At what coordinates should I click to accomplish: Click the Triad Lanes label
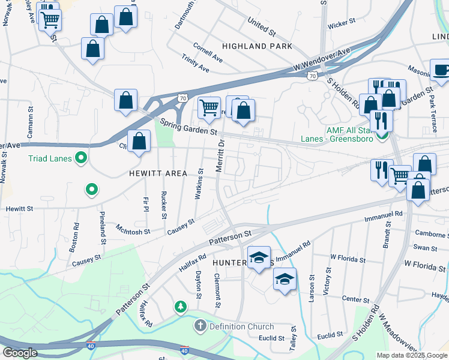pos(50,159)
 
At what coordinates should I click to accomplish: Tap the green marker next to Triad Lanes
pos(80,159)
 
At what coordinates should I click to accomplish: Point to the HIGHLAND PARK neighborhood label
pos(257,46)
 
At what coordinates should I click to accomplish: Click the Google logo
pos(20,352)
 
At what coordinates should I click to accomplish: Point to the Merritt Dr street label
pos(220,156)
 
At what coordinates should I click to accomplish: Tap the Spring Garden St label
pos(188,127)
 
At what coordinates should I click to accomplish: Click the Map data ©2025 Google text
pos(412,355)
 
